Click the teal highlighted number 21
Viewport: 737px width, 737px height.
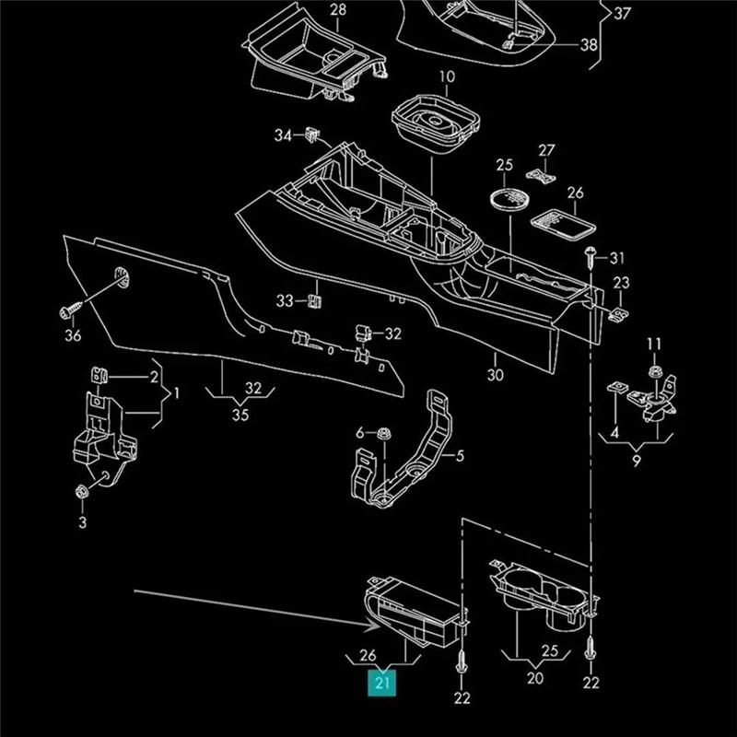pyautogui.click(x=382, y=683)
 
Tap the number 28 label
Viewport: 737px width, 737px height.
pyautogui.click(x=338, y=9)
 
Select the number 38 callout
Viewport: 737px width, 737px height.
pyautogui.click(x=589, y=45)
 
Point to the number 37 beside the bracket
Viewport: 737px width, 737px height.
pyautogui.click(x=622, y=13)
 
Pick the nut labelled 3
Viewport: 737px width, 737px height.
pyautogui.click(x=82, y=492)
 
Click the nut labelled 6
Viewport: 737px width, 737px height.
pyautogui.click(x=384, y=433)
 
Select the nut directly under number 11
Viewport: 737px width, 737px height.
pyautogui.click(x=654, y=371)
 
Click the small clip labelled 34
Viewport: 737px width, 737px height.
pyautogui.click(x=312, y=135)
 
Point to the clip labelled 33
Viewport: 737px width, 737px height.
pyautogui.click(x=314, y=301)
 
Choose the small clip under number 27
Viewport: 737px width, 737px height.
pyautogui.click(x=541, y=176)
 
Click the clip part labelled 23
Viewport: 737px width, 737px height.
pyautogui.click(x=620, y=314)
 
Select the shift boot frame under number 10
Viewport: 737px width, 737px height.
pyautogui.click(x=436, y=123)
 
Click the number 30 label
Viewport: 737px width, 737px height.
pyautogui.click(x=495, y=375)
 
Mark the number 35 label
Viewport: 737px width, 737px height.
pyautogui.click(x=240, y=415)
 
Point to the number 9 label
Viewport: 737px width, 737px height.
pyautogui.click(x=636, y=461)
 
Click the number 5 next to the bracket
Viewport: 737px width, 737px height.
pyautogui.click(x=460, y=455)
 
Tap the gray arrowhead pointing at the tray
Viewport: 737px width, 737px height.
pyautogui.click(x=375, y=626)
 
